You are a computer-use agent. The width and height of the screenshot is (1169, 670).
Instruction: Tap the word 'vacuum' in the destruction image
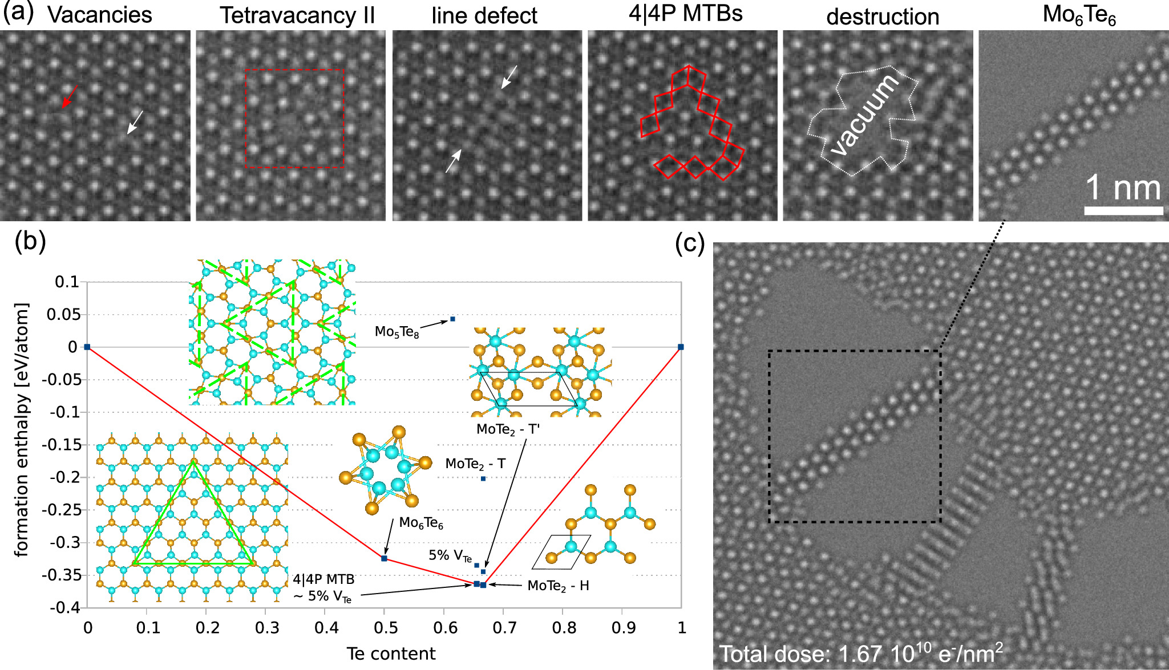point(864,116)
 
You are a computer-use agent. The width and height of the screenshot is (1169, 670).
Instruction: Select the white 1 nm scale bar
point(1123,210)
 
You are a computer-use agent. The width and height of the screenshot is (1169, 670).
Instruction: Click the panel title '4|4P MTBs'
point(685,14)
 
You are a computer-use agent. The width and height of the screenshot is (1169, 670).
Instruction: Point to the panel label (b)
point(30,241)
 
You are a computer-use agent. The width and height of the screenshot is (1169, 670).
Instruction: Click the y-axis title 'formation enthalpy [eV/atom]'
point(22,430)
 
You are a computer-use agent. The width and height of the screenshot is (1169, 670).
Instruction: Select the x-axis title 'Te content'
point(391,653)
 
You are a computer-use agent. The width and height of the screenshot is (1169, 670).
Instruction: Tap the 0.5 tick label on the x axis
point(386,628)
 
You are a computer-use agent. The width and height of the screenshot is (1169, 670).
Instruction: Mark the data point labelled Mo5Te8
point(452,319)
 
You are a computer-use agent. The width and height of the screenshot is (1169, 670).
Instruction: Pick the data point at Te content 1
point(681,347)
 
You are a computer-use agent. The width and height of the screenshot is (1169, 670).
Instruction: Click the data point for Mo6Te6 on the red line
point(384,558)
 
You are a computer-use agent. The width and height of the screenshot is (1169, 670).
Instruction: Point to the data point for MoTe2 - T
point(483,478)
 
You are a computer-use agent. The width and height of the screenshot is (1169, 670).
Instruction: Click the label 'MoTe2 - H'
point(558,586)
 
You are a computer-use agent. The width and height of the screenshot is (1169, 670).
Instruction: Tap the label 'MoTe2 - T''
point(508,429)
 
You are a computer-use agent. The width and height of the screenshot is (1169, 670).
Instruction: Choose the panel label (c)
point(689,244)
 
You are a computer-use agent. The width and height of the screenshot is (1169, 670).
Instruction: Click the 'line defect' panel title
point(484,16)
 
